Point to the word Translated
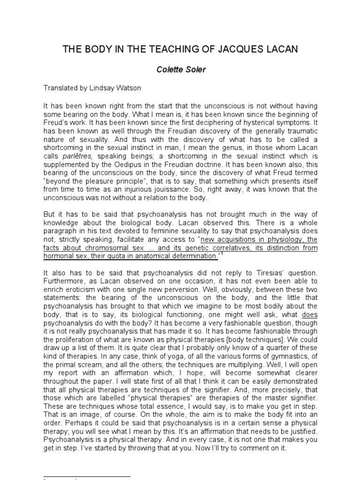60,88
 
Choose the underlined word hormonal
59,256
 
